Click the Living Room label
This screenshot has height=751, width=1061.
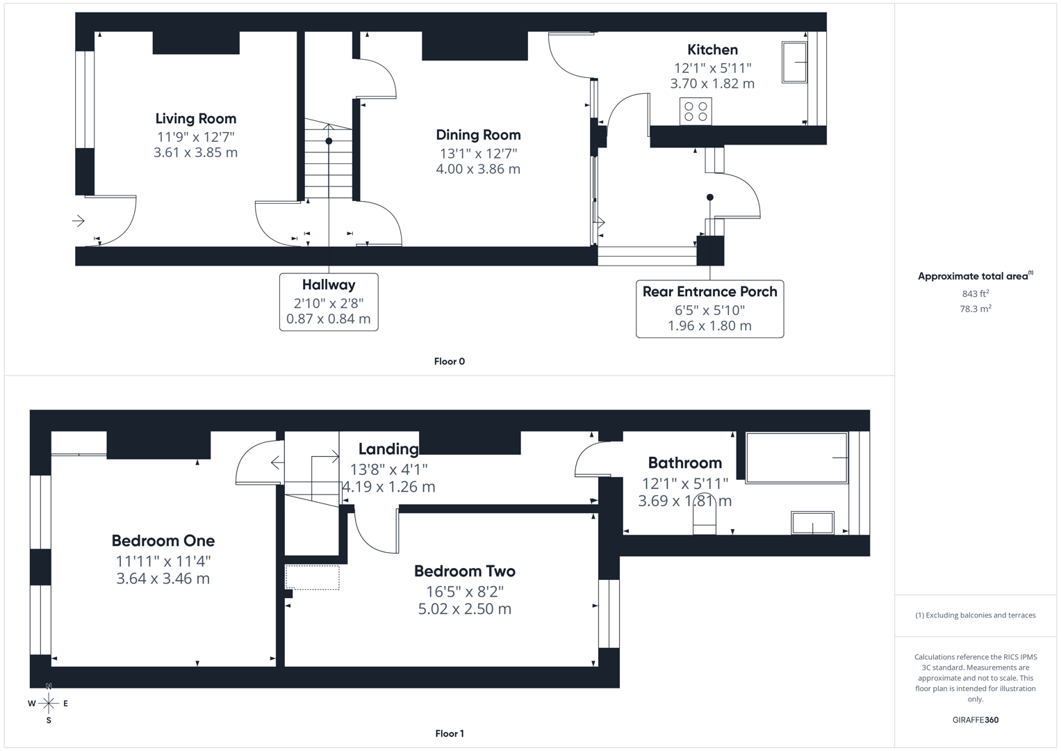click(195, 119)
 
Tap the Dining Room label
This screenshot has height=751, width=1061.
click(478, 135)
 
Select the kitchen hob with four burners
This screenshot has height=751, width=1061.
click(696, 112)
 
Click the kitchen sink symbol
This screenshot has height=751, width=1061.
click(795, 63)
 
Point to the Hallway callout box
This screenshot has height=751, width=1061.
click(329, 302)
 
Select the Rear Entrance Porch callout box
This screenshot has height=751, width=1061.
click(709, 309)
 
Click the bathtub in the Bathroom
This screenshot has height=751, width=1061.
click(796, 458)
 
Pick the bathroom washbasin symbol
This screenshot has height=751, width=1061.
click(812, 523)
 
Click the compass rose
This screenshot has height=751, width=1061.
click(49, 703)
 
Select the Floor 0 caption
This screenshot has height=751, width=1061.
click(450, 362)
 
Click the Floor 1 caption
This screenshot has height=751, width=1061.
click(450, 734)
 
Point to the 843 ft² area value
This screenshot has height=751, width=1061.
click(975, 293)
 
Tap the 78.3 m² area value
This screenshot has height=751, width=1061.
click(975, 309)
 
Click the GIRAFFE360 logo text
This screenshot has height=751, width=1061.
click(975, 720)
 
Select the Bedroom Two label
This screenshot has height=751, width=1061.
click(464, 572)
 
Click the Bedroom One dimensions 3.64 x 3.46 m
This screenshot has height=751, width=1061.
click(163, 579)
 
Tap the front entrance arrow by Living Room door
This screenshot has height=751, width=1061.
click(79, 221)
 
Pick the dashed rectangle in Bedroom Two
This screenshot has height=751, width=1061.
click(313, 578)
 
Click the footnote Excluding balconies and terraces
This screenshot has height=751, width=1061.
click(975, 615)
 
